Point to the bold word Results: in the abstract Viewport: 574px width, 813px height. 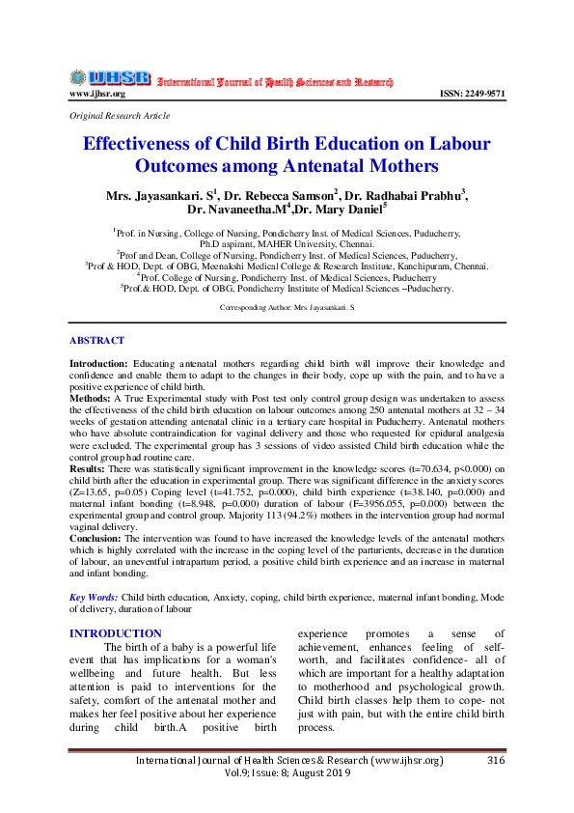(x=89, y=439)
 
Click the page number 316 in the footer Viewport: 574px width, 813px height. (x=496, y=761)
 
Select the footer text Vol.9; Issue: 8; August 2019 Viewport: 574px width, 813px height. (x=288, y=774)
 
